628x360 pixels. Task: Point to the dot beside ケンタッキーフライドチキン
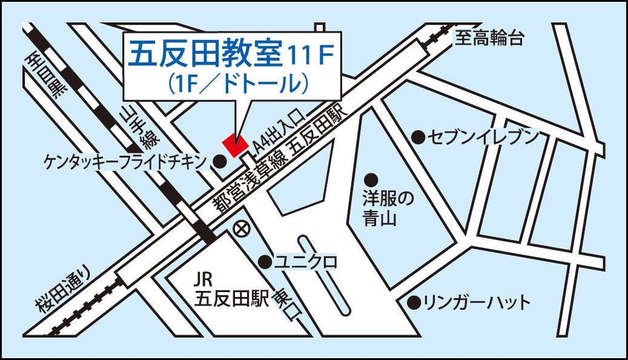221,161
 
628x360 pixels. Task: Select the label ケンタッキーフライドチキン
126,161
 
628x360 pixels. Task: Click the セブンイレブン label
483,137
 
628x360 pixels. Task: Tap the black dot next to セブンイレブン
418,137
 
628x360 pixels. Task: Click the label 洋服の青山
380,208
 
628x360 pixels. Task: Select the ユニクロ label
305,262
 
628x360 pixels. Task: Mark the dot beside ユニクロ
265,262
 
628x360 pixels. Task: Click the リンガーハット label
477,302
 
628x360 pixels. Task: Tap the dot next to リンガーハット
414,302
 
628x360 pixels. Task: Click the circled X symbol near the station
241,230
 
